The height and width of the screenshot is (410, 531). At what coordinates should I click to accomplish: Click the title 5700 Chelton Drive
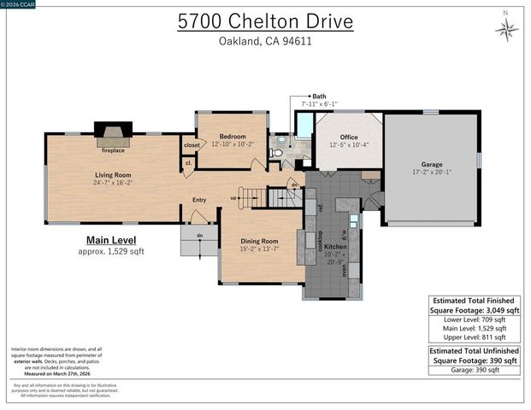coord(265,21)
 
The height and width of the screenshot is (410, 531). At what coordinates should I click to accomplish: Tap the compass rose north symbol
coord(506,29)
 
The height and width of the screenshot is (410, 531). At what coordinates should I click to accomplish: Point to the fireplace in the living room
coord(112,132)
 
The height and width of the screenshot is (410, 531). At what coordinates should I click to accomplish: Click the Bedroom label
coord(232,137)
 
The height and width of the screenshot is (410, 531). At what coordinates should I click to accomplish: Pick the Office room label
coord(348,138)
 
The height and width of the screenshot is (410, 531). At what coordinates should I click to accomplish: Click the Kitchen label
coord(335,246)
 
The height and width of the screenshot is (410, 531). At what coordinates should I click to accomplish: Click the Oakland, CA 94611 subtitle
coord(265,43)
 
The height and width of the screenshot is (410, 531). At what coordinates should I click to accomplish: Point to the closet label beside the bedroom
coord(192,145)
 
